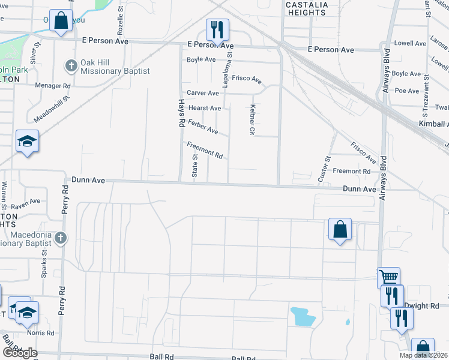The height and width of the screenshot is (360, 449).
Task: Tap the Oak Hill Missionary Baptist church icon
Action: coord(71,65)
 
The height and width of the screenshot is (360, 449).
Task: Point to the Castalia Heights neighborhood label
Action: coord(307,8)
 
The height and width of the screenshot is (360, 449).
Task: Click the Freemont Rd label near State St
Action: coord(205,149)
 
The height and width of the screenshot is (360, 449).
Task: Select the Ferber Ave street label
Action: coord(203,126)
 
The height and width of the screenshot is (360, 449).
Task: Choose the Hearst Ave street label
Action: coord(205,108)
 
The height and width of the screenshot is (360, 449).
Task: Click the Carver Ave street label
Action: coord(203,93)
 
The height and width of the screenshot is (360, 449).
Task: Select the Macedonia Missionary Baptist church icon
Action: coord(60,238)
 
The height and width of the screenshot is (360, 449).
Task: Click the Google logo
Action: coord(19,353)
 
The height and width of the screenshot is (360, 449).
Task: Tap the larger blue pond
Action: coord(303,316)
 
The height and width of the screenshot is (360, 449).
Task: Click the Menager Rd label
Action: coord(53,86)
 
